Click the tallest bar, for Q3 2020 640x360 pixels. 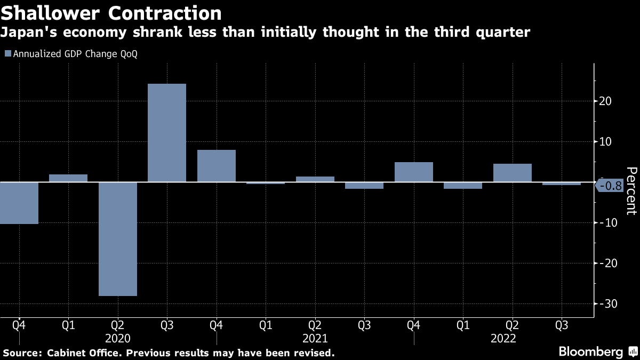[x=167, y=133]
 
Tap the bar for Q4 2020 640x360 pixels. [x=217, y=166]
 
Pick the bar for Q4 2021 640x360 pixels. [x=414, y=172]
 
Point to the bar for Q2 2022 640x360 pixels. [x=513, y=173]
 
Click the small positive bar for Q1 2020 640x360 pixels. [x=68, y=178]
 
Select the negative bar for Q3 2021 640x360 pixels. [x=364, y=186]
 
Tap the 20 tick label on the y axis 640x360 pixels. [x=606, y=101]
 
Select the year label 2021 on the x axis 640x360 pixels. [x=315, y=338]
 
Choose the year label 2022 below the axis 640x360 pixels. [x=503, y=338]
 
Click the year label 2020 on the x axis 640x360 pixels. [x=118, y=338]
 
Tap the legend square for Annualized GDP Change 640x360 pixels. [x=7, y=54]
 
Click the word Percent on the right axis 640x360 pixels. [x=631, y=191]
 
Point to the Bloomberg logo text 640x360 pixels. [x=591, y=352]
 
